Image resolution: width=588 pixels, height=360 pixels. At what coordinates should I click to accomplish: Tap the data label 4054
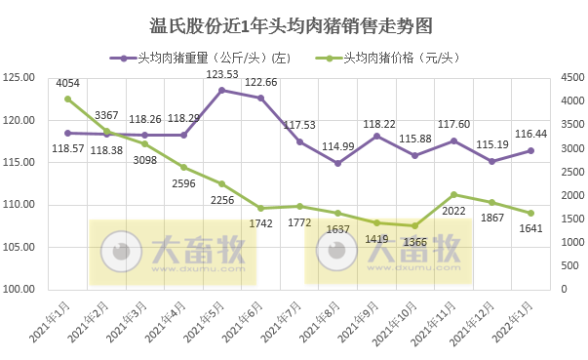[68, 85]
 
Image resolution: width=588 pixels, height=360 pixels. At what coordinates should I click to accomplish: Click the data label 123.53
[222, 75]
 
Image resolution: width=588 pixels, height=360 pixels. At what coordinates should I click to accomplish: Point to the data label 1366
[416, 242]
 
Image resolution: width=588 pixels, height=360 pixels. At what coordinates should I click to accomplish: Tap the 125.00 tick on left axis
[20, 78]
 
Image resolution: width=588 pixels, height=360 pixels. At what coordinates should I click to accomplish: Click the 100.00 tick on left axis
[20, 290]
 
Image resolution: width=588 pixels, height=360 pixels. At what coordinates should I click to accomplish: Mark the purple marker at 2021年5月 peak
[222, 91]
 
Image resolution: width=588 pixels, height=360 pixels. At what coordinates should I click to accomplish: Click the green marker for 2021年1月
[67, 99]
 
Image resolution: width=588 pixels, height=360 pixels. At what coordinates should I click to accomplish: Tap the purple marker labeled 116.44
[531, 150]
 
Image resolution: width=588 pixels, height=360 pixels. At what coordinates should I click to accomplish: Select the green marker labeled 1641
[531, 213]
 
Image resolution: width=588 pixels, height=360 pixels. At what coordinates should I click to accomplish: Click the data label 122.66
[260, 83]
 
